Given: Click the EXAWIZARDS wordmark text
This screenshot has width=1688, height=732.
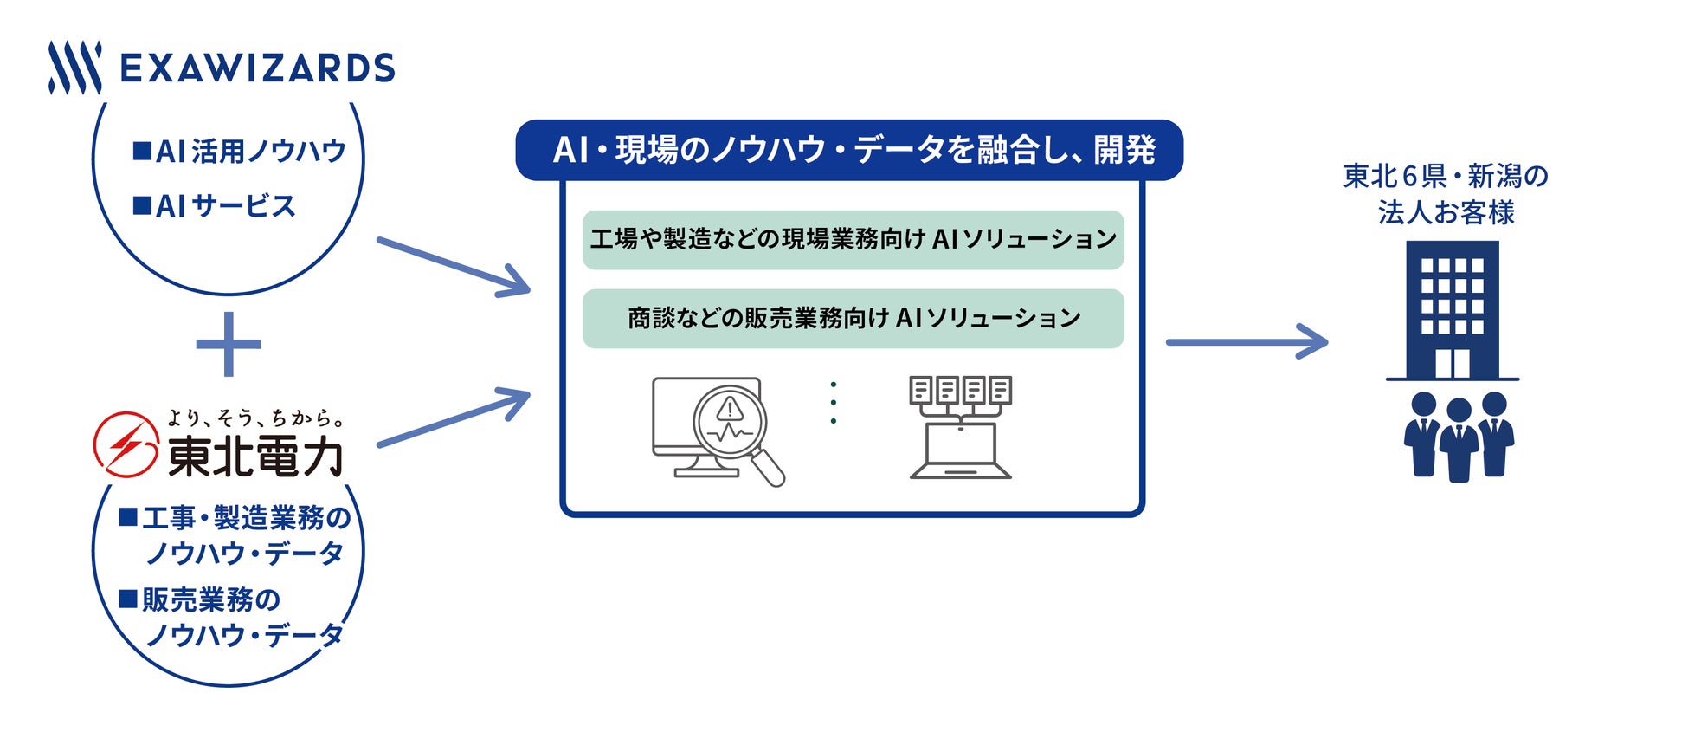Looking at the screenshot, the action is [257, 68].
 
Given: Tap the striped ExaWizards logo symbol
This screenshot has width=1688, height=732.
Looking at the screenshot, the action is [74, 68].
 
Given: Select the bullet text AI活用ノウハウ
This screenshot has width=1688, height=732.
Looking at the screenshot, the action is [241, 152].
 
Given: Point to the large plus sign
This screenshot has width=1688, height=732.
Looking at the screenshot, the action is [229, 345].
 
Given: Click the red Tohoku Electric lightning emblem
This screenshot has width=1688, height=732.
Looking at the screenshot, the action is [126, 444].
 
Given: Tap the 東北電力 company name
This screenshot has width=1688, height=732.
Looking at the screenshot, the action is [255, 457].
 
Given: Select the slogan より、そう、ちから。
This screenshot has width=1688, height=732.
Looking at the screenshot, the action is [255, 418].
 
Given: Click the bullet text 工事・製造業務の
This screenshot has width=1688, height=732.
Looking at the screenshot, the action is [236, 518].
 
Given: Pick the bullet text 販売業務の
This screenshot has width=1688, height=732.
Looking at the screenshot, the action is [202, 599].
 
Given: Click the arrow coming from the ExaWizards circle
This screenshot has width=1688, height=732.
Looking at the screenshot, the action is [454, 267].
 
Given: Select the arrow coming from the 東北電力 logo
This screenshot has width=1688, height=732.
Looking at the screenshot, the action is [454, 418].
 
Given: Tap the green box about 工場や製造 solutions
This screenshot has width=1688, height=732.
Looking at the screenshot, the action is [853, 239].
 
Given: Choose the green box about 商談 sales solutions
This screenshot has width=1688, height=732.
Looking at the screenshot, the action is [853, 319].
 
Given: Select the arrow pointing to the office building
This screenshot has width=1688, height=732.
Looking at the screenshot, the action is [1247, 342].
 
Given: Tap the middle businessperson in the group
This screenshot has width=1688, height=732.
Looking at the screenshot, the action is [1459, 439].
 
